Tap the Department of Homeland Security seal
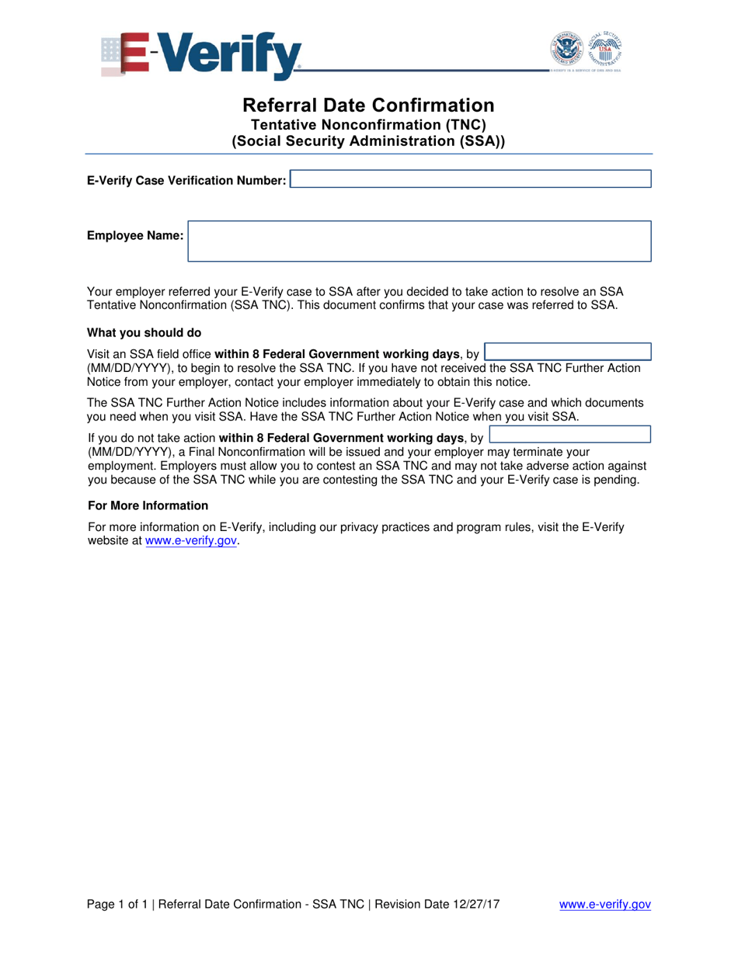(x=568, y=50)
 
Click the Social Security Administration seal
(x=604, y=50)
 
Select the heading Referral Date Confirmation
(x=368, y=105)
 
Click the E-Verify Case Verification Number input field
(x=471, y=180)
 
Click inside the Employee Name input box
(x=420, y=241)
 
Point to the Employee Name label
(x=135, y=235)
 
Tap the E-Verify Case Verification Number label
(x=186, y=181)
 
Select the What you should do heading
(x=144, y=333)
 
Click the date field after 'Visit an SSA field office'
(x=568, y=352)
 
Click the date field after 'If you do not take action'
(x=570, y=434)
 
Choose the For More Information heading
(x=148, y=505)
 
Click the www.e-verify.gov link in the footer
(x=605, y=904)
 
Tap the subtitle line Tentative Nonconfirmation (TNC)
(x=368, y=124)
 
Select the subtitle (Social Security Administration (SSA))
(x=368, y=141)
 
